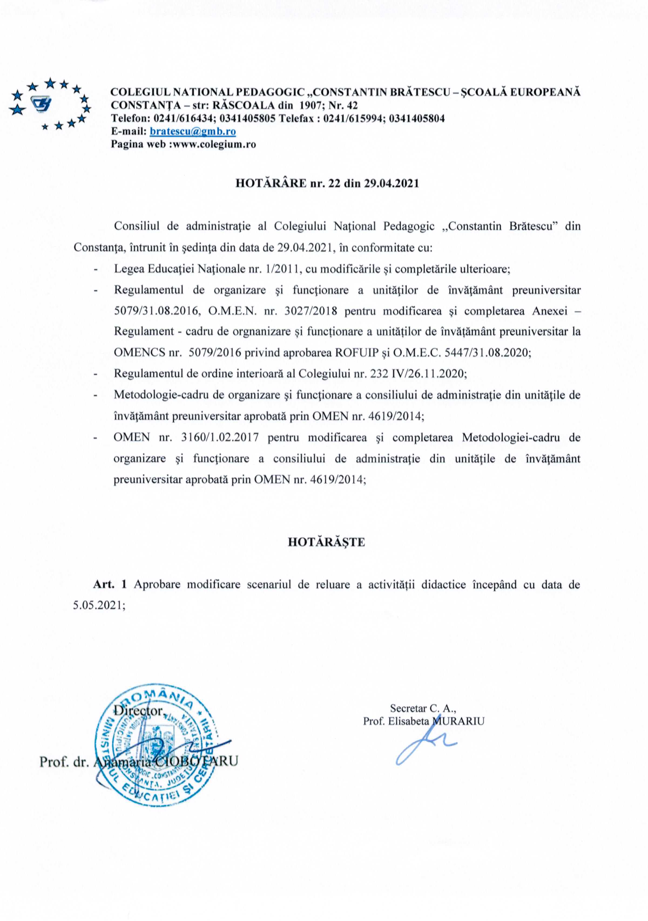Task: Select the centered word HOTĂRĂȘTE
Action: tap(326, 542)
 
